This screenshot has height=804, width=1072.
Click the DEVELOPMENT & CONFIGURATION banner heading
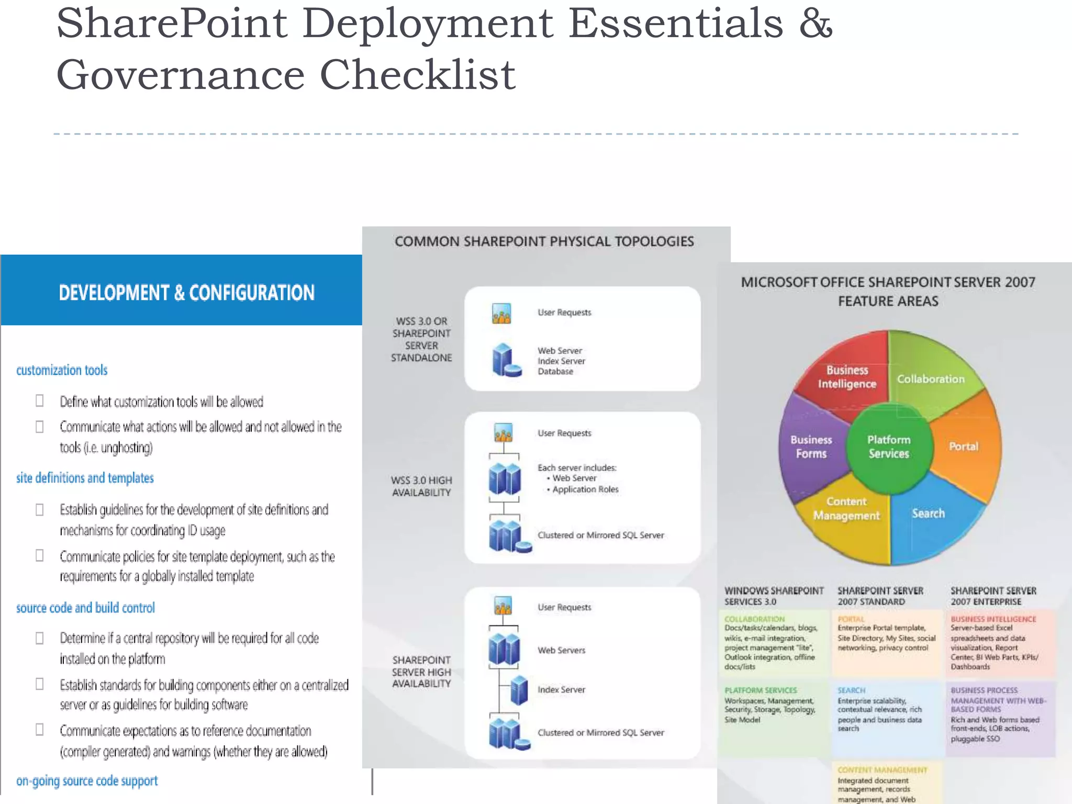point(186,293)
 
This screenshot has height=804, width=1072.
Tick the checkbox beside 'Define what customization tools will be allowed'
point(40,401)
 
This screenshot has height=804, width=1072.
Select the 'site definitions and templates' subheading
point(85,478)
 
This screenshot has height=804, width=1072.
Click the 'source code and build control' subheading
point(85,608)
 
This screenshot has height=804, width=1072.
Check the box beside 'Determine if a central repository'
point(40,638)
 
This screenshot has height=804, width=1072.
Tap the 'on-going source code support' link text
point(87,781)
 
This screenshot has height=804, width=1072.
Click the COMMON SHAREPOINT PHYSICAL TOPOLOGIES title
point(544,241)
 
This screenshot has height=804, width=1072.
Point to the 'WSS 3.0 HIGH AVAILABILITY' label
point(421,486)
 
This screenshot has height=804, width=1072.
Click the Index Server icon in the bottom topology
point(519,690)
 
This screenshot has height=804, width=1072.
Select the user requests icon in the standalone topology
point(501,313)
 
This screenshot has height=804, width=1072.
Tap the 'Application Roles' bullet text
point(585,489)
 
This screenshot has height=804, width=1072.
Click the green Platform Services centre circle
point(889,446)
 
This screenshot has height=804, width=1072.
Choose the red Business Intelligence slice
point(846,377)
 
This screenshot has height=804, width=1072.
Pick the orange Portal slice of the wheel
point(964,446)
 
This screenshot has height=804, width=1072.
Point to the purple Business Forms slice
point(811,446)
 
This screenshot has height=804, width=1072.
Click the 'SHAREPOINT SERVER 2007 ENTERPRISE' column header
point(993,596)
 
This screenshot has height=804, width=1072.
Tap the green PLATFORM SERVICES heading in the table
point(761,690)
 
